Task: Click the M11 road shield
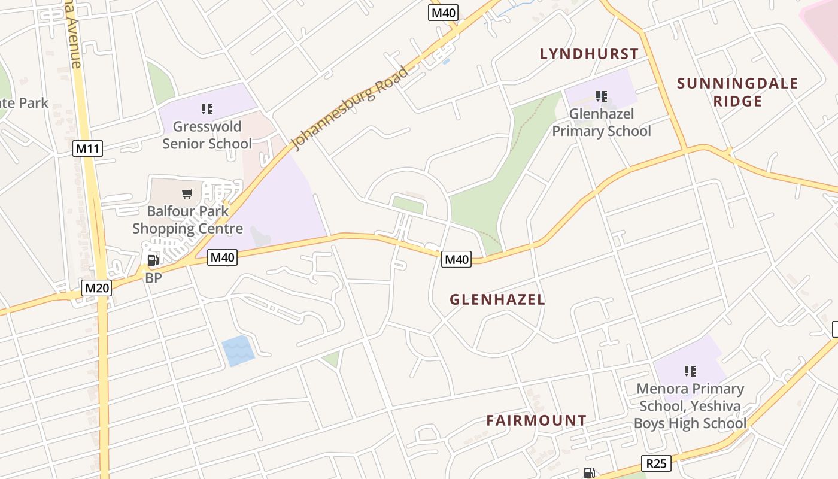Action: (87, 148)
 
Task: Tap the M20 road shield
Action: (97, 288)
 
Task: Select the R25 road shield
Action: (656, 463)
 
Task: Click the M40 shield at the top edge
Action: (443, 13)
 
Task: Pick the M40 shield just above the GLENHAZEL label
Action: (456, 259)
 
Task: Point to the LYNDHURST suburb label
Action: (589, 54)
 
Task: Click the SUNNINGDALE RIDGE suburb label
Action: (737, 92)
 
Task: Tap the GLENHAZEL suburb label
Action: (497, 300)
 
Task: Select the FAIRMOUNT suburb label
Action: (536, 420)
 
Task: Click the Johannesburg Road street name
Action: (350, 108)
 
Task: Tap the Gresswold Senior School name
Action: (207, 135)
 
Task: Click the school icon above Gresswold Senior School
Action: (207, 109)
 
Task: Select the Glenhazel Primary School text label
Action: (601, 122)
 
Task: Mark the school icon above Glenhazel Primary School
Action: (602, 96)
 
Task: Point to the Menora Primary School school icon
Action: (690, 371)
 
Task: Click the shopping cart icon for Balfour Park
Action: (187, 193)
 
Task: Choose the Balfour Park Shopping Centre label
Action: (187, 220)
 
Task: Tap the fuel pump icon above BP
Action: (153, 260)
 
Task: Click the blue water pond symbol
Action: (238, 351)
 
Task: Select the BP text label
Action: (153, 278)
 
